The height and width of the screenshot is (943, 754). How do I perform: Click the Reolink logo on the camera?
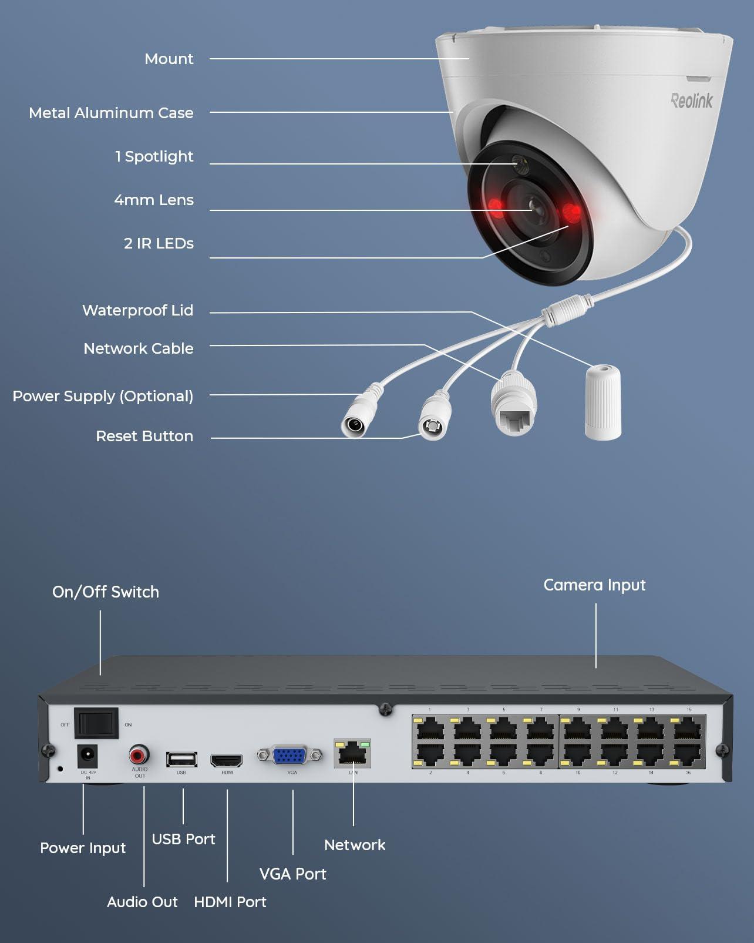point(691,100)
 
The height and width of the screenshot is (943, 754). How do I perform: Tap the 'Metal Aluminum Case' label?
point(111,113)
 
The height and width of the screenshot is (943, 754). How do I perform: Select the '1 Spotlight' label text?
point(154,156)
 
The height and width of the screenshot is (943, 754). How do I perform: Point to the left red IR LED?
point(495,206)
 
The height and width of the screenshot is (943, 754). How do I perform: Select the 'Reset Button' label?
point(144,436)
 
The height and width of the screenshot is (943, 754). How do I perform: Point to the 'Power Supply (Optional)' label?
point(103,396)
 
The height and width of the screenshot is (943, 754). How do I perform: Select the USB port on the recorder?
point(181,760)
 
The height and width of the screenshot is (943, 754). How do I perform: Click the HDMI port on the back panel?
point(227,760)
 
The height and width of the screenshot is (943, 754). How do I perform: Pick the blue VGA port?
point(290,756)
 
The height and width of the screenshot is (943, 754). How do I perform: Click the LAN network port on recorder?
point(352,754)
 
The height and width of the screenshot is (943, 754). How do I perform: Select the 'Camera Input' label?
point(594,585)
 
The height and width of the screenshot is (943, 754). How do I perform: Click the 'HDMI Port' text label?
point(230,902)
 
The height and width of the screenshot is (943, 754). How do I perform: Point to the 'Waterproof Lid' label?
point(137,310)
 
